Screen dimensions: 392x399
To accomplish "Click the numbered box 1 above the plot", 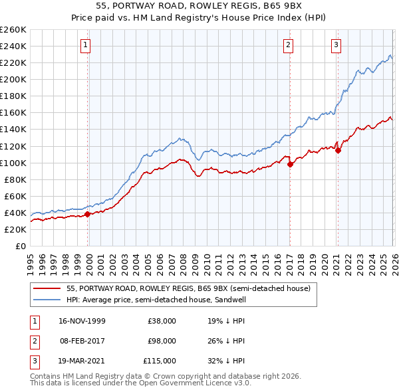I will (87, 45).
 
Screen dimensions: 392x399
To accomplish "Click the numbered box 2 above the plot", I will (289, 45).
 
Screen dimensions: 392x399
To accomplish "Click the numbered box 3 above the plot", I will (336, 45).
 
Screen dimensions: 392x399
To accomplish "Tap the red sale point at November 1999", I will (88, 214).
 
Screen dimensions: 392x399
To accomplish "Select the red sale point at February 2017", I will (290, 164).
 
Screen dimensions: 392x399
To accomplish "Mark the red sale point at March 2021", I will (338, 150).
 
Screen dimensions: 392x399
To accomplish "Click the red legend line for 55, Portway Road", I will (48, 288).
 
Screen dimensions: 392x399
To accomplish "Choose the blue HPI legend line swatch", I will (48, 300).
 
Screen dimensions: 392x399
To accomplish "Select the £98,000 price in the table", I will (162, 341).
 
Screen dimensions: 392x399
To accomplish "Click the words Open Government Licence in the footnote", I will (186, 383).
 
